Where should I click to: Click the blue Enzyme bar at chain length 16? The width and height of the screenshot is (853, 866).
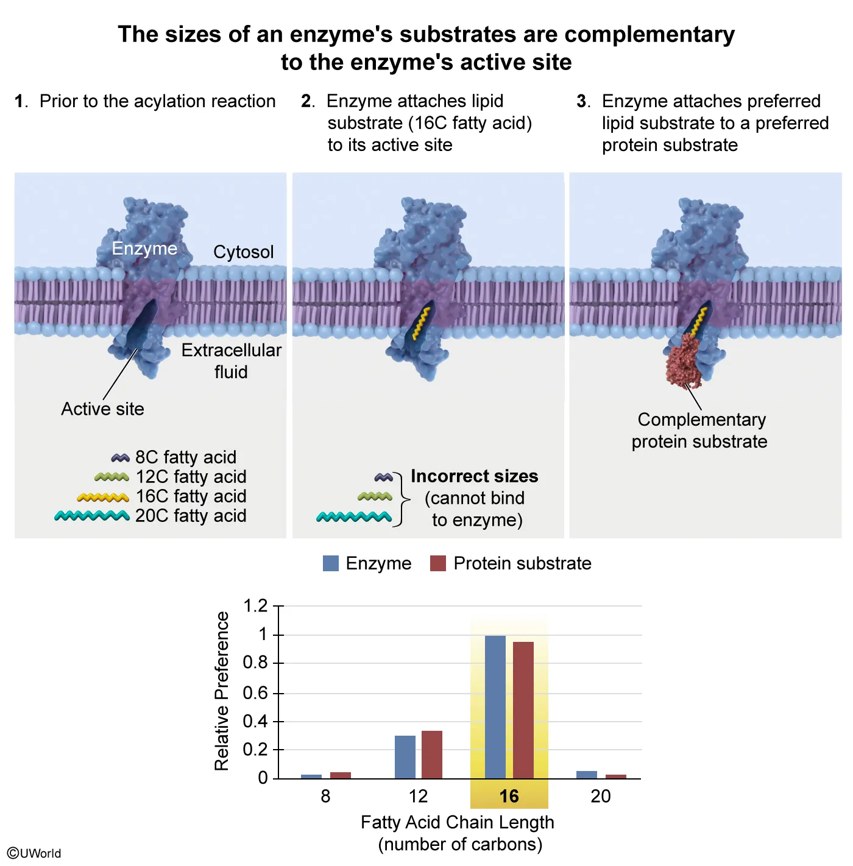coord(495,706)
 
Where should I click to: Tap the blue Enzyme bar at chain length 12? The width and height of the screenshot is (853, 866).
coord(405,756)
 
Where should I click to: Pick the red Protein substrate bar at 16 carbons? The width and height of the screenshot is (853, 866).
coord(523,709)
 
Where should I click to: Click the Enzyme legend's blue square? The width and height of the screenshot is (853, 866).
coord(330,563)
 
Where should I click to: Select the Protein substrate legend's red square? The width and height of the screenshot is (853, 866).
coord(437,563)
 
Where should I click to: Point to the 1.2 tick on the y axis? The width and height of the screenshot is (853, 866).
coord(255,606)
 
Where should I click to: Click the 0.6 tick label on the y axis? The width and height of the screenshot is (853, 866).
coord(255,693)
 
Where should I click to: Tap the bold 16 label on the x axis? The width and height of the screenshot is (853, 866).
coord(509,796)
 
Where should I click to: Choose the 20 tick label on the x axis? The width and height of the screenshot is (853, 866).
coord(600,796)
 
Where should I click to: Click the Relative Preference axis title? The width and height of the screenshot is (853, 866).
coord(222,691)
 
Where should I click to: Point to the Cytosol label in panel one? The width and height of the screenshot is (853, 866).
coord(243,252)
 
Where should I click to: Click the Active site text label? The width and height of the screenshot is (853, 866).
coord(102,409)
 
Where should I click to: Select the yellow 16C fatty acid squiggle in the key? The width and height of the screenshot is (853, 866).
coord(103,497)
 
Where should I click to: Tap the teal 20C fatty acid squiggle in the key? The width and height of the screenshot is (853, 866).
coord(92,516)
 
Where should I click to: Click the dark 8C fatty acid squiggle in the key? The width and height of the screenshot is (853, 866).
coord(120,457)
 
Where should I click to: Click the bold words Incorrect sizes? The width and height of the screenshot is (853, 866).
coord(474,476)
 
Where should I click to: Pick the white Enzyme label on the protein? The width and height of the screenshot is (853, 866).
coord(144,248)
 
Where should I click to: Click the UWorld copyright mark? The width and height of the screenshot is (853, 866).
coord(34,853)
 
